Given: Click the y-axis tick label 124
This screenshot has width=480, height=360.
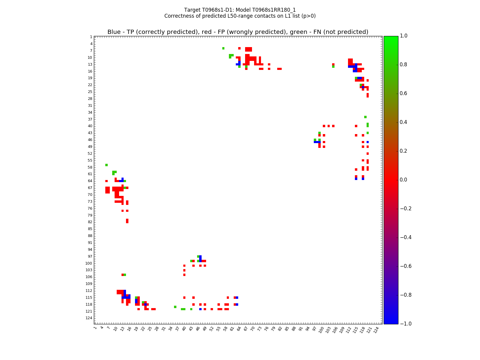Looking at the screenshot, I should (89, 318).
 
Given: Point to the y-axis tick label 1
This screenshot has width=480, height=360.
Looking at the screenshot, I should (91, 37).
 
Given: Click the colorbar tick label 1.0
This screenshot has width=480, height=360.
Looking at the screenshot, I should (404, 36).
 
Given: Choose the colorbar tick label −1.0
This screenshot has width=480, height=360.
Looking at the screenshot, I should (406, 324).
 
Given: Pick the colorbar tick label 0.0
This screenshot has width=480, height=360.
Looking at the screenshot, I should (404, 180).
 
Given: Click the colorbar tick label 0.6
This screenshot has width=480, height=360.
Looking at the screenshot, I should (404, 94).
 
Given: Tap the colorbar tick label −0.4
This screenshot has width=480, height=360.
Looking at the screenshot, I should (406, 237).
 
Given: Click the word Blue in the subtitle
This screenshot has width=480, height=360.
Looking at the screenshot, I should (114, 32).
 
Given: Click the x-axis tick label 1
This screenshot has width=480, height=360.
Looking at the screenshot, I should (95, 328).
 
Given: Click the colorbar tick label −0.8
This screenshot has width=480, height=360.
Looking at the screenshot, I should (406, 295).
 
